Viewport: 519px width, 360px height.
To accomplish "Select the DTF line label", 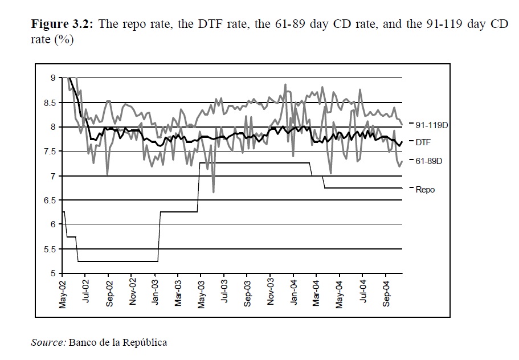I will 423,142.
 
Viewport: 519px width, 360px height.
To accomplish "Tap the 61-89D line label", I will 428,162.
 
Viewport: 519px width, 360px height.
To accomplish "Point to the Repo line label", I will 425,189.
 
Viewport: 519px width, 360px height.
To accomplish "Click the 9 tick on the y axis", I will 52,78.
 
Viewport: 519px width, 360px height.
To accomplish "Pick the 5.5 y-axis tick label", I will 50,249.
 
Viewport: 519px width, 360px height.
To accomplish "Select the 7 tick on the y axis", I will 52,176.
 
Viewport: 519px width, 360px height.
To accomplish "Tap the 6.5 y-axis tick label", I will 50,201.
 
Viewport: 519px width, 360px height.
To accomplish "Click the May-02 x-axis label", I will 63,294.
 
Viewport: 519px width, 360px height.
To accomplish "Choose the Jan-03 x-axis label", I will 156,294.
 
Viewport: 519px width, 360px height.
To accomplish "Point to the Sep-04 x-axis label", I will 386,294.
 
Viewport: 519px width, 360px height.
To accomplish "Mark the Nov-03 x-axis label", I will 271,294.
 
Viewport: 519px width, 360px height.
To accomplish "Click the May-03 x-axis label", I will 202,294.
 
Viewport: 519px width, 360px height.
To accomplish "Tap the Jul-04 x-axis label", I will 363,294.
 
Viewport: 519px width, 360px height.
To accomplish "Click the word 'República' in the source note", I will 146,342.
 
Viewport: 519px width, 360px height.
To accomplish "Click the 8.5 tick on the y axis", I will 50,103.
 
